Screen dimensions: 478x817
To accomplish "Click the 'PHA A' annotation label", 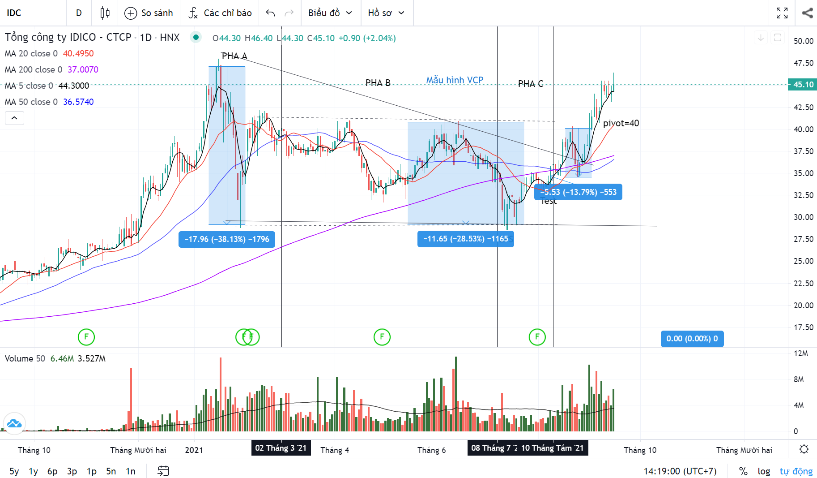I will point(234,56).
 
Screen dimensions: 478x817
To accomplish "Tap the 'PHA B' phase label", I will point(378,83).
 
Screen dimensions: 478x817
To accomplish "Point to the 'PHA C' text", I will point(531,84).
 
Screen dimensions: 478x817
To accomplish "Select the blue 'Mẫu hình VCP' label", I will point(455,80).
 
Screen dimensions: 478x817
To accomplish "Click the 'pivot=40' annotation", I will point(621,123).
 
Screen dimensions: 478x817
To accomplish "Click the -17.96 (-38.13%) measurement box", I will point(227,239).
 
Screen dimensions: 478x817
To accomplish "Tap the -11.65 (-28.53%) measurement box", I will point(465,239).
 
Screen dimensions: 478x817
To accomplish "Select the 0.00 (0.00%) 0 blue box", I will point(692,339).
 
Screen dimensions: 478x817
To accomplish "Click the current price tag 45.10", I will point(803,85).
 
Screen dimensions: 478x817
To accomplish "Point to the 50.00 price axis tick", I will point(803,41).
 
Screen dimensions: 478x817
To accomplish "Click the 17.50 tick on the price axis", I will point(803,327).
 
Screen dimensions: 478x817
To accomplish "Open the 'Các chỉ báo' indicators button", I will point(220,13).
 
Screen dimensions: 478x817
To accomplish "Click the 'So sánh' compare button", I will point(149,13).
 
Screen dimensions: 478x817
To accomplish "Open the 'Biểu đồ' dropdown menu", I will point(330,13).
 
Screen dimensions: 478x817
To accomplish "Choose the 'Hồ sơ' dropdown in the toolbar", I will point(386,13).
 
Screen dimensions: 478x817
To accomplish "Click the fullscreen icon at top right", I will point(782,13).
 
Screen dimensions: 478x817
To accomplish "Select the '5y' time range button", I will point(14,471).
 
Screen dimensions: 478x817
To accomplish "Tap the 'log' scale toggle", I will point(764,471).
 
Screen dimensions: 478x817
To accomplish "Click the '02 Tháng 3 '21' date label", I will point(281,448).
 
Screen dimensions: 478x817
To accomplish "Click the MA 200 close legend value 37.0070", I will point(83,69).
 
